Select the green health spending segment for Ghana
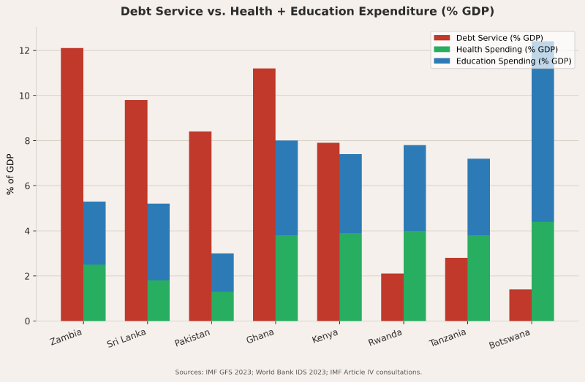(x=287, y=278)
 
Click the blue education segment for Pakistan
(x=222, y=272)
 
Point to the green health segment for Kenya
(x=350, y=277)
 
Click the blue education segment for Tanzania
(x=478, y=196)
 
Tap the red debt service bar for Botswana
(x=520, y=305)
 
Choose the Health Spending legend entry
(x=504, y=49)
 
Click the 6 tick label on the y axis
(x=26, y=186)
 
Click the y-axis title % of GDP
(x=10, y=175)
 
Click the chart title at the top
(x=307, y=11)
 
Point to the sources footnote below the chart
(x=298, y=372)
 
